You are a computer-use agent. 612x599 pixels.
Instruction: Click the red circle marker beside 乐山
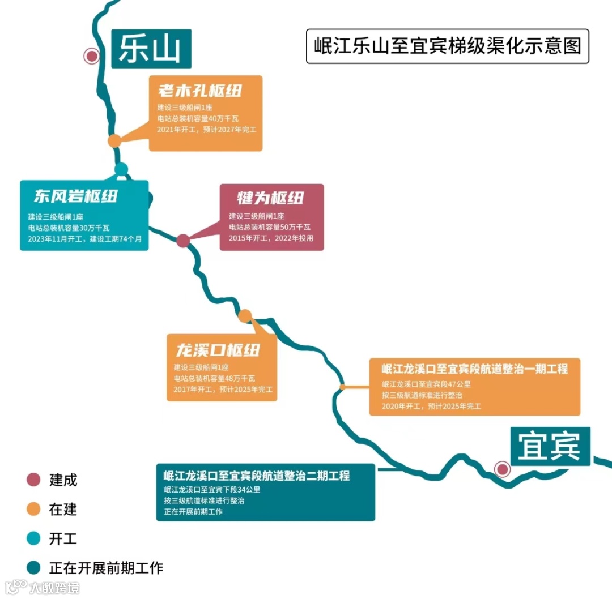click(x=91, y=55)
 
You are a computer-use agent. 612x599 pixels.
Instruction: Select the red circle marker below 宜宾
click(x=501, y=469)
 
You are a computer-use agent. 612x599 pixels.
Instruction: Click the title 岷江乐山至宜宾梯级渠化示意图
click(x=447, y=46)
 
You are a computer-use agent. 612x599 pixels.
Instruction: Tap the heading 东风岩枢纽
click(x=76, y=196)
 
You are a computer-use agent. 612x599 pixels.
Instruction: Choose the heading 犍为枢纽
click(x=271, y=198)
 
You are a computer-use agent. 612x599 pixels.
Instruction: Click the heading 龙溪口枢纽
click(x=218, y=350)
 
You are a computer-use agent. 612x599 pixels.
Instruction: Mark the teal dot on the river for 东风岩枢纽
click(x=121, y=169)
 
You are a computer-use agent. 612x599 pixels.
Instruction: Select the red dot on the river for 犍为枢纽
click(x=182, y=241)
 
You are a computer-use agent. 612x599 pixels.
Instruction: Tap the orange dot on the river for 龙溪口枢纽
click(x=245, y=315)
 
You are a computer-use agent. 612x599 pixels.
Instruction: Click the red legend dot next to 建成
click(x=34, y=480)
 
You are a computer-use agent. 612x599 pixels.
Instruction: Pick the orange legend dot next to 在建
click(x=34, y=509)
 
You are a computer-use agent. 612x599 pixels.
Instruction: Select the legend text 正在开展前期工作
click(x=106, y=568)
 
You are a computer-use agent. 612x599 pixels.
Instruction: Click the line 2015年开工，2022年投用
click(x=271, y=238)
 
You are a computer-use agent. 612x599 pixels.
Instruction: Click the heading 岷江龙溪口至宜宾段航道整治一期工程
click(x=474, y=369)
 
